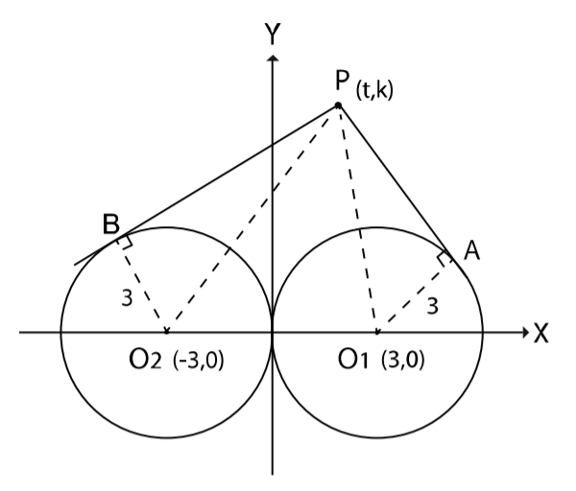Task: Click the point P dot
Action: [x=338, y=105]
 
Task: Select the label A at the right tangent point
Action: [x=471, y=251]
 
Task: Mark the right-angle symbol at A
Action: [x=444, y=259]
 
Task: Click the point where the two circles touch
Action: [x=274, y=333]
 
